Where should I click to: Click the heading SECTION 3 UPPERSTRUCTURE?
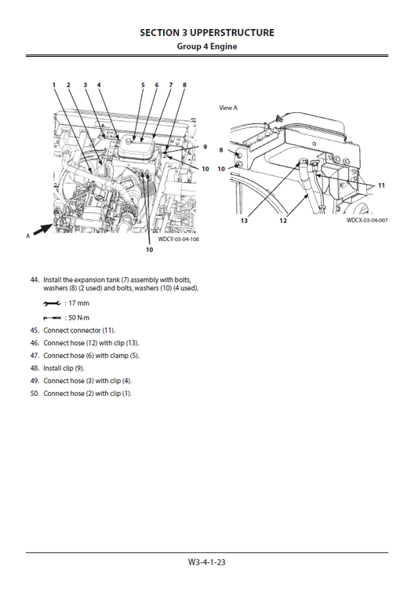[x=207, y=33]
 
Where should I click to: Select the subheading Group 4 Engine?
[x=207, y=46]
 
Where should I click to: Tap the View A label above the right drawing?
[x=227, y=108]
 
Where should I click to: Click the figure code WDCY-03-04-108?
[x=179, y=239]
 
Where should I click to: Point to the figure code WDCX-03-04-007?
[x=366, y=221]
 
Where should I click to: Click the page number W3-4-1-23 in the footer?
[x=207, y=562]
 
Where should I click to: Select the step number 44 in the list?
[x=34, y=280]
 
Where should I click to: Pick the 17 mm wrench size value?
[x=78, y=302]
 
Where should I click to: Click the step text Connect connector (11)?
[x=79, y=330]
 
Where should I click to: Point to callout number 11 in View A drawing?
[x=381, y=186]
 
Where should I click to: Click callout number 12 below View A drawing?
[x=283, y=221]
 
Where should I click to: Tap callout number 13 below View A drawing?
[x=244, y=221]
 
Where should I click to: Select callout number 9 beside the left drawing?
[x=205, y=147]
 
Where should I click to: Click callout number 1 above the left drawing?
[x=54, y=85]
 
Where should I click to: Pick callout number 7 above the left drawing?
[x=170, y=85]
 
